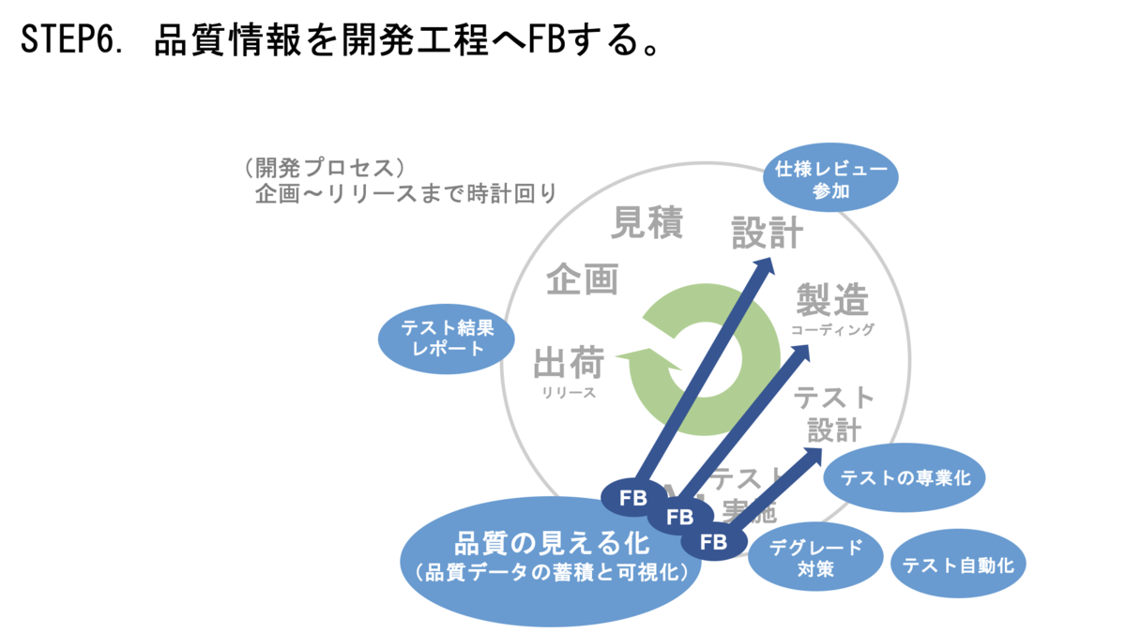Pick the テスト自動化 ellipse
(958, 565)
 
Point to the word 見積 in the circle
(647, 223)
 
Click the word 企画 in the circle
(583, 279)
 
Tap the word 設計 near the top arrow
(768, 233)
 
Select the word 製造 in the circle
(832, 300)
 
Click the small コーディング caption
(832, 329)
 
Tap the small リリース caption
(569, 393)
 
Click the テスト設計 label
(833, 413)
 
